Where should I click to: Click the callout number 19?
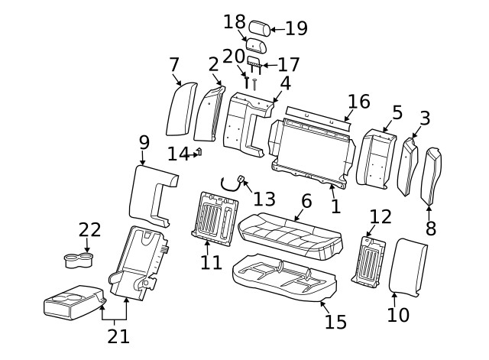(296, 29)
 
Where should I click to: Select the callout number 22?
(89, 230)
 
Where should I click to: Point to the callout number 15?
(335, 322)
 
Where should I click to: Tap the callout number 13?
(264, 199)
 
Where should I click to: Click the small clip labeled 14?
(198, 152)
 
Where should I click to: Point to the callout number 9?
(144, 143)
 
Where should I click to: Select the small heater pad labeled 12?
(370, 260)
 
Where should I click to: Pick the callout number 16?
(358, 102)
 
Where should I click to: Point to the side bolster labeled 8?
(434, 176)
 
